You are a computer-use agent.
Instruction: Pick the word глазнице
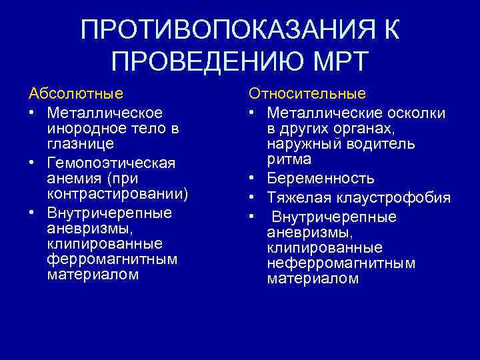(80, 143)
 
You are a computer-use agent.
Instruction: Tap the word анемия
(73, 179)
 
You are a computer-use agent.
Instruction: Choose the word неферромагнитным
(341, 263)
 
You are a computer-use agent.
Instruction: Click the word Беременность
(321, 178)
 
